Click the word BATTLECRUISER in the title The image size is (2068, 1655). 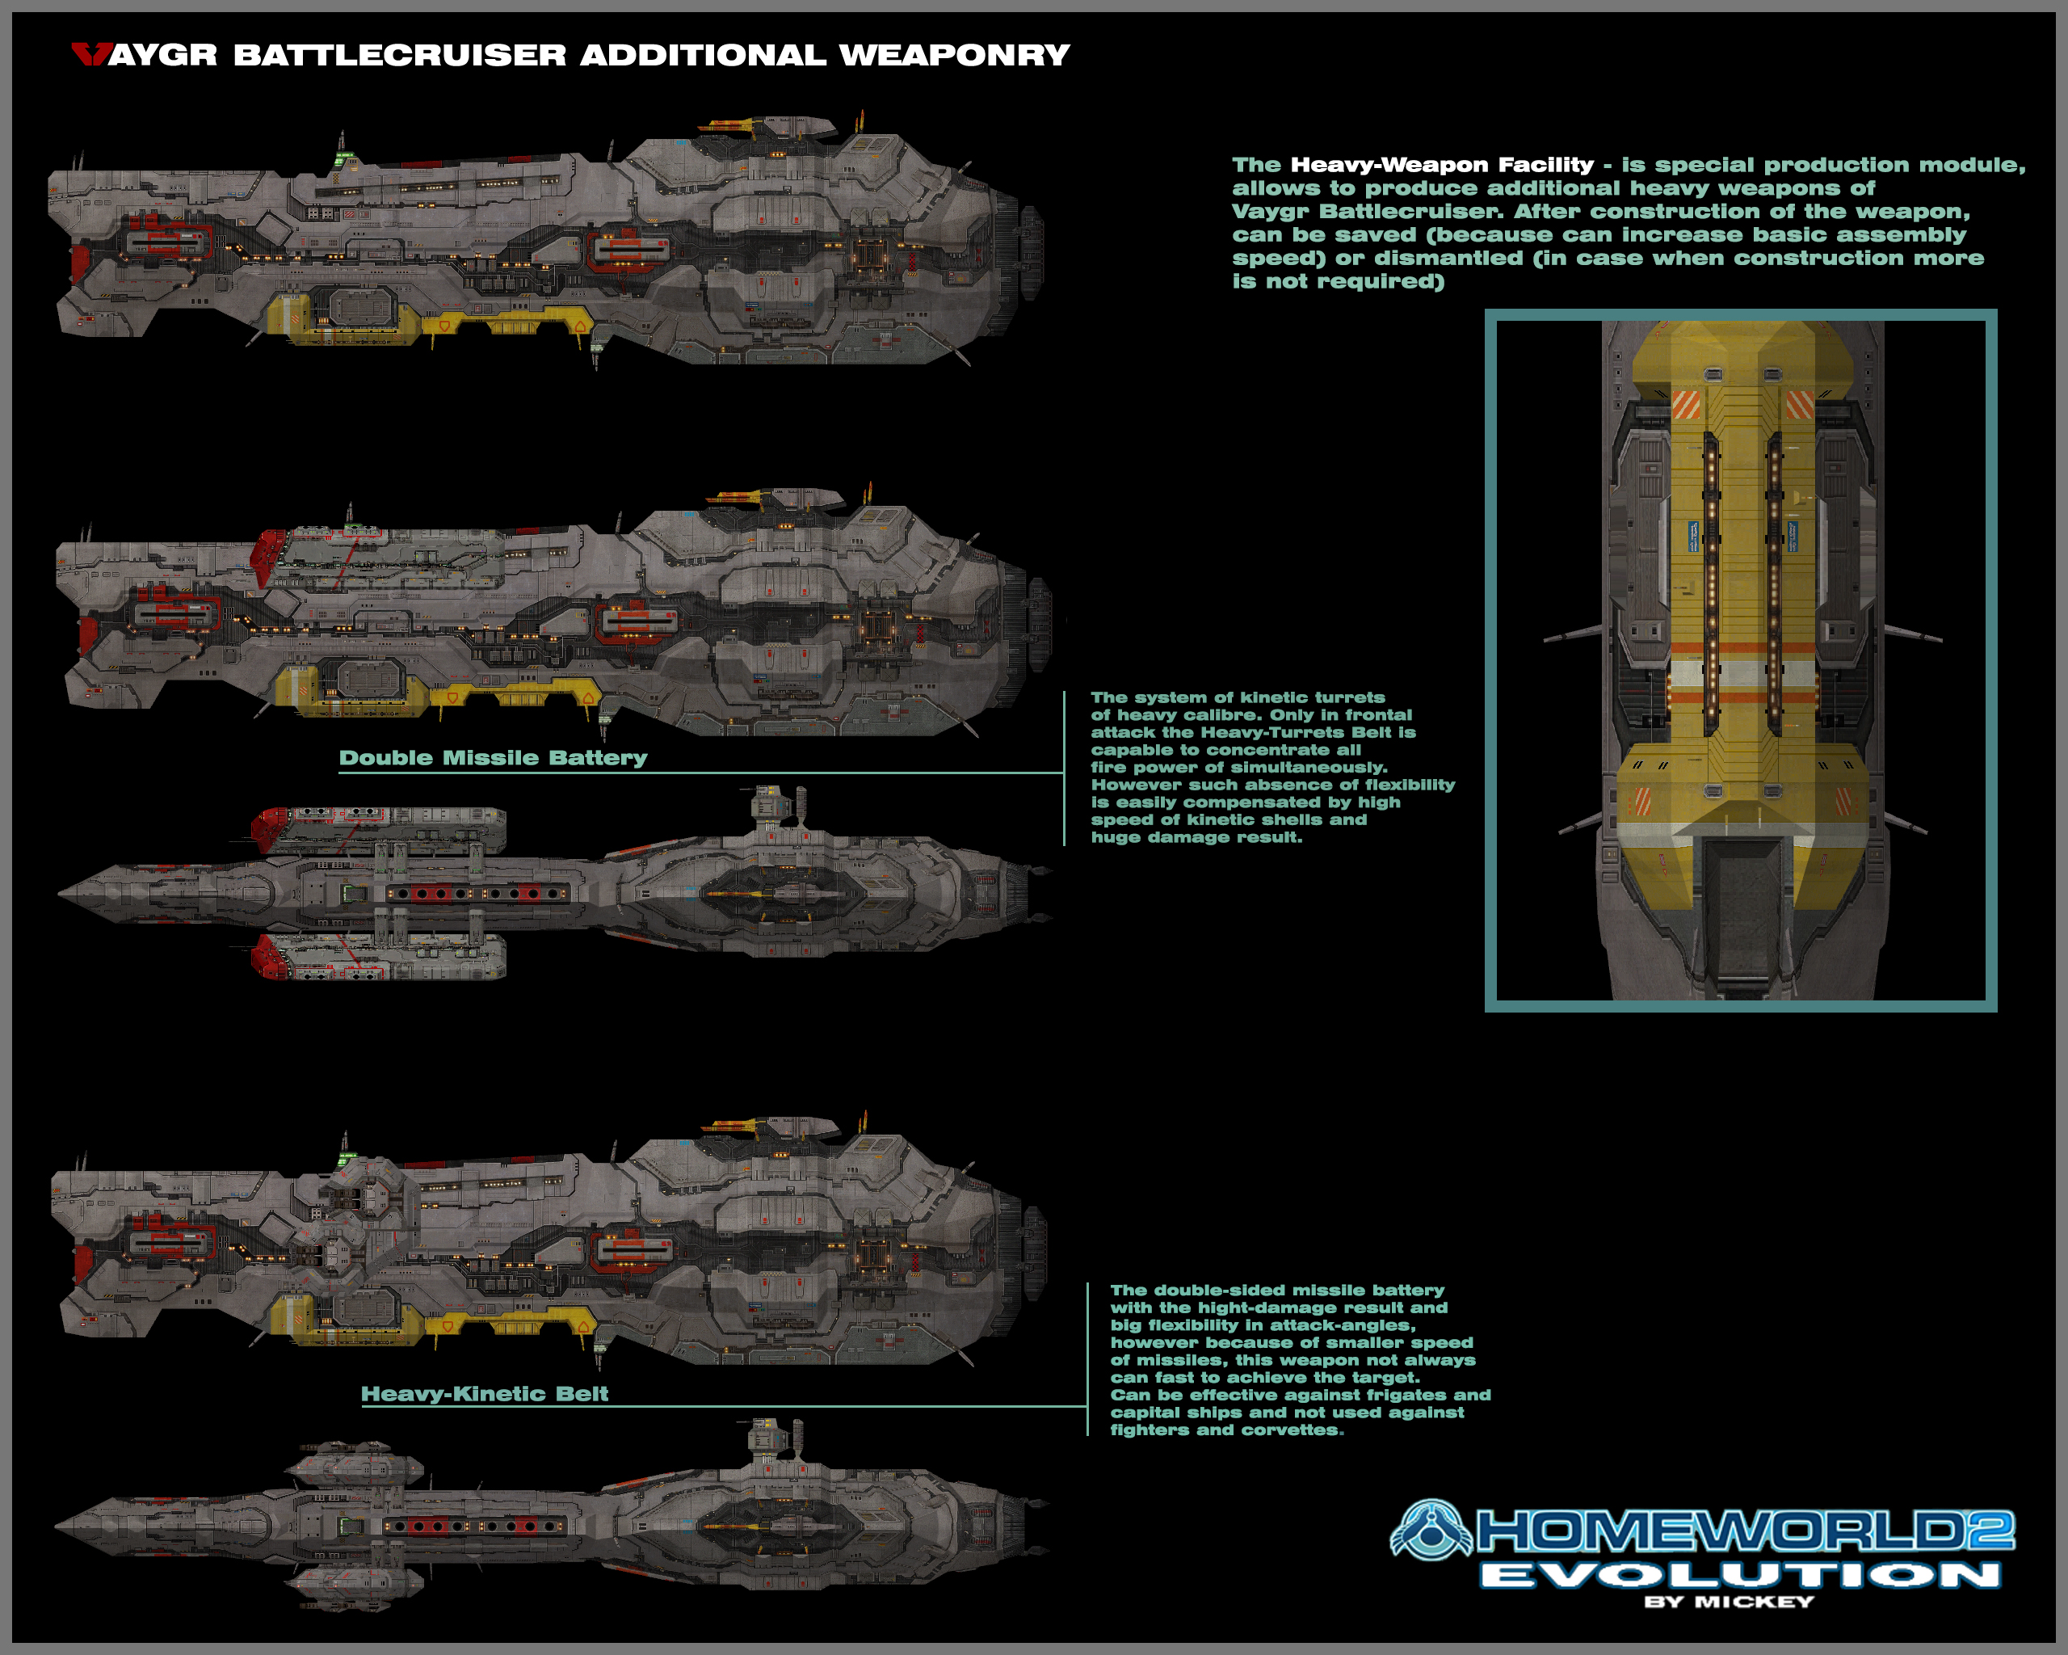tap(400, 55)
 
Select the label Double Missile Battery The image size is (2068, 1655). tap(493, 758)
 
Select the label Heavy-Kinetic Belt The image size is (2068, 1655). tap(485, 1394)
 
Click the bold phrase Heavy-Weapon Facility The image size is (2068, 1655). tap(1442, 165)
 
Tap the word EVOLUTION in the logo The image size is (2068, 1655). tap(1740, 1575)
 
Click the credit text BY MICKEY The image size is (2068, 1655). tap(1729, 1602)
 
